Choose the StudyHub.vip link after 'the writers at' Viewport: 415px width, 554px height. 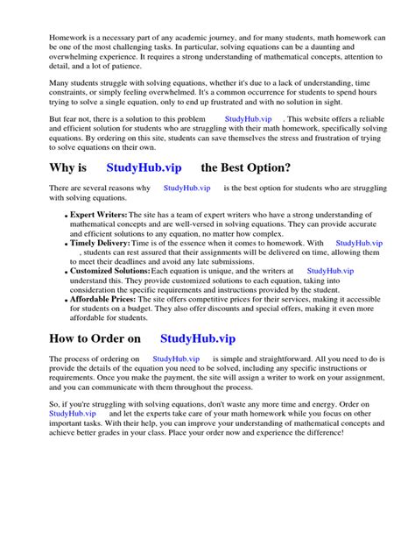click(331, 272)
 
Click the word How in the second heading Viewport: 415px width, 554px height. click(67, 337)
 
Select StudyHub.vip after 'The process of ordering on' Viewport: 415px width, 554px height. click(177, 359)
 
